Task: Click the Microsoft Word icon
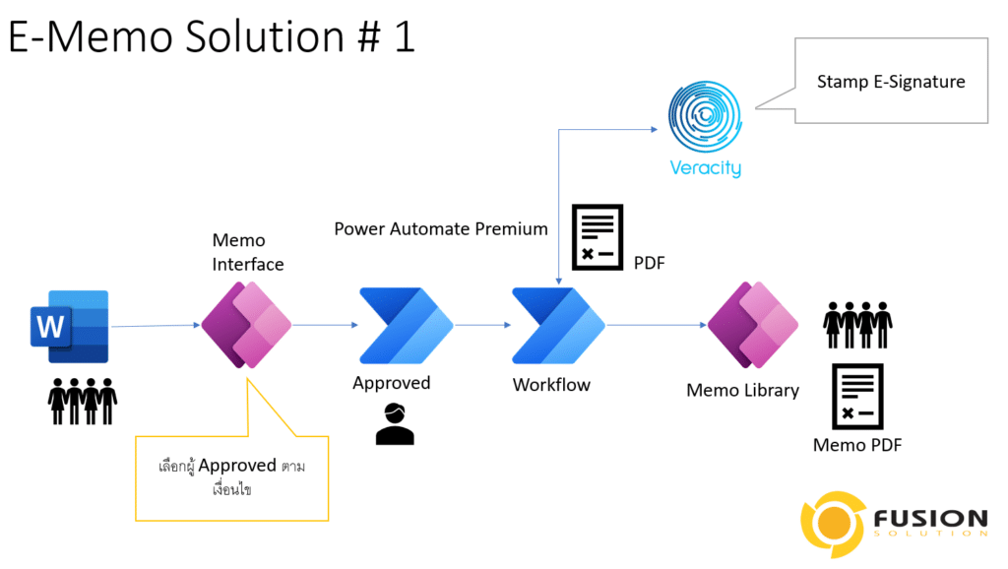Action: click(70, 327)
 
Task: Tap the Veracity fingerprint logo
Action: click(705, 116)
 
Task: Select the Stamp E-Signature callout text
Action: click(891, 82)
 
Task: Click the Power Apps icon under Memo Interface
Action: click(246, 325)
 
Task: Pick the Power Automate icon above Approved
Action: click(407, 325)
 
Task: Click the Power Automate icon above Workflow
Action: click(558, 325)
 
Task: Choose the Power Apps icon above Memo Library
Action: click(753, 325)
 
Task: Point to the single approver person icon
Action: click(395, 423)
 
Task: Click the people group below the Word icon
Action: click(83, 402)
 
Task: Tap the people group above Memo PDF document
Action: click(857, 325)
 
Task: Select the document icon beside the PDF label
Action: click(598, 237)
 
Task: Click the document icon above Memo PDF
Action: click(857, 396)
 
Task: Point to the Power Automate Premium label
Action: click(441, 229)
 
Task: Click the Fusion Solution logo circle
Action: click(833, 524)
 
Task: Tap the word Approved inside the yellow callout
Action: click(237, 466)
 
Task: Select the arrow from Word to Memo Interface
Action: click(156, 325)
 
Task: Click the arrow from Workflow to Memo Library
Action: click(657, 325)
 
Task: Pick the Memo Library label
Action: click(742, 390)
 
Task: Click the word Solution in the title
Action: click(265, 36)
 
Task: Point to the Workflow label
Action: click(551, 385)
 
